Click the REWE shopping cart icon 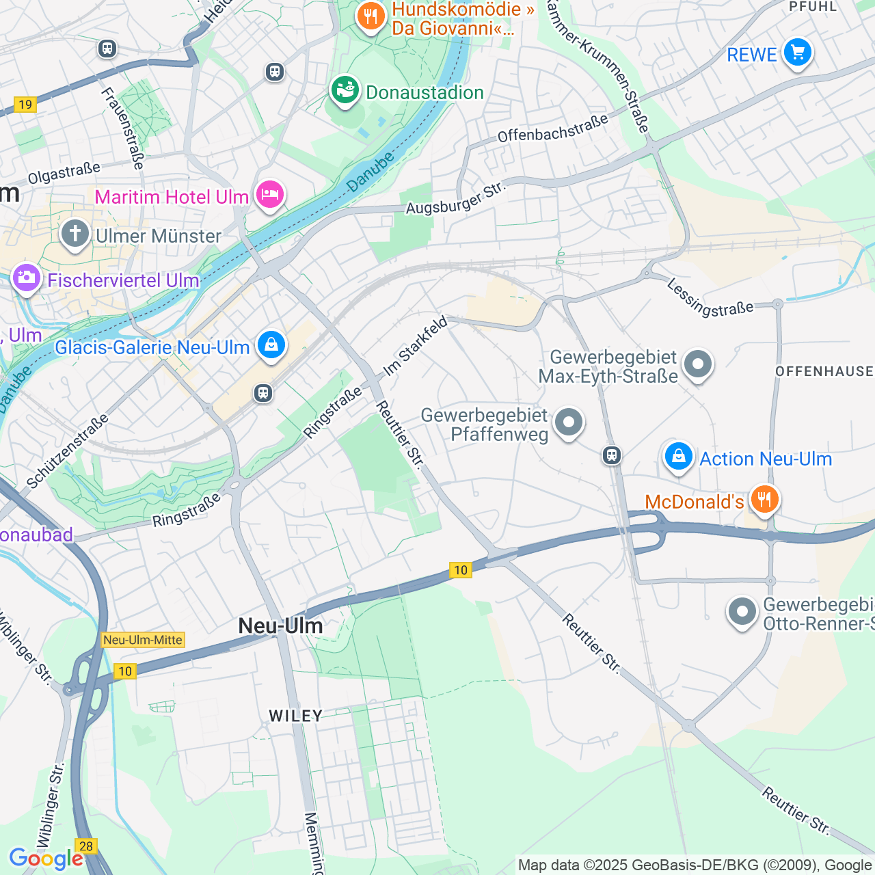coord(797,53)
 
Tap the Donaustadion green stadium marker coord(345,90)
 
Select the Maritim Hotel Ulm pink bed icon coord(270,196)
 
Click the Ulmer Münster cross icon coord(75,234)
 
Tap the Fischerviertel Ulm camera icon coord(27,278)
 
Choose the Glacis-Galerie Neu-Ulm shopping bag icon coord(271,345)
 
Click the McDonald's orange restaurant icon coord(764,500)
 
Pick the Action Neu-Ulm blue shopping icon coord(679,456)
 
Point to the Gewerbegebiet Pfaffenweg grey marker coord(569,422)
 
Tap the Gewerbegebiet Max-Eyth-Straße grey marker coord(698,364)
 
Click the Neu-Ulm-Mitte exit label coord(143,640)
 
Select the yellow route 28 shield coord(86,846)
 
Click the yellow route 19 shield coord(25,105)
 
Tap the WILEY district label coord(295,716)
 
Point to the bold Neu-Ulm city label coord(280,625)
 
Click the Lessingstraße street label coord(710,299)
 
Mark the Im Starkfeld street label coord(415,346)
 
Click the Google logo coord(46,859)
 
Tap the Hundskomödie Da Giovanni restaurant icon coord(371,16)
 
